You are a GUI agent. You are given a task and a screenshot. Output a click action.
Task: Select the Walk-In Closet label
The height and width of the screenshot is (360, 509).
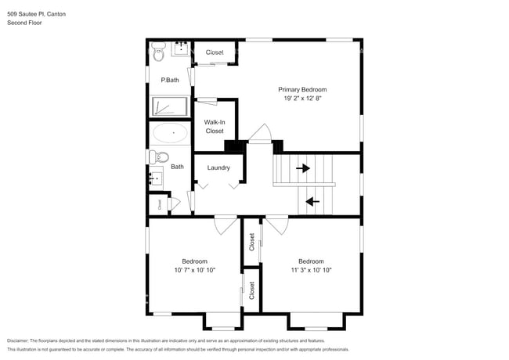[215, 127]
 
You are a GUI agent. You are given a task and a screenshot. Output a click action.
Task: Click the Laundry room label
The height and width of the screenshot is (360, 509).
[218, 167]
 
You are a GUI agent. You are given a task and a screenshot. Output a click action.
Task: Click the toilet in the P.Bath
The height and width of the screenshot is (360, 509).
[157, 54]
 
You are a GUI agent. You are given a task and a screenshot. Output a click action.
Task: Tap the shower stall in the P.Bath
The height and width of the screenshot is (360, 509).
[170, 107]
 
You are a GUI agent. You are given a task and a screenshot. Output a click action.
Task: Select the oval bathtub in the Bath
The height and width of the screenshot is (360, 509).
[169, 132]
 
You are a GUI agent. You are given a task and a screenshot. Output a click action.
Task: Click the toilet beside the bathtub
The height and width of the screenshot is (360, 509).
[157, 157]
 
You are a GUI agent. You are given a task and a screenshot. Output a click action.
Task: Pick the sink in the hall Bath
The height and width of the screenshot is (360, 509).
[157, 178]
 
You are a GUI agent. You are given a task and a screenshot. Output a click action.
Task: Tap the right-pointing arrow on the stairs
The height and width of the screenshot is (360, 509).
[302, 167]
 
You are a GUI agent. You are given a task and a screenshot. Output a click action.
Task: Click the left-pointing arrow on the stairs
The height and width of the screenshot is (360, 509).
[312, 201]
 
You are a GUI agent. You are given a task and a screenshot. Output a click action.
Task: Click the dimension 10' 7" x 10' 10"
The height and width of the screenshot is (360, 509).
[194, 270]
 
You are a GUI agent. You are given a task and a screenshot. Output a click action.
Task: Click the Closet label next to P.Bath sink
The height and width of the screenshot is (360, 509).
[215, 52]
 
